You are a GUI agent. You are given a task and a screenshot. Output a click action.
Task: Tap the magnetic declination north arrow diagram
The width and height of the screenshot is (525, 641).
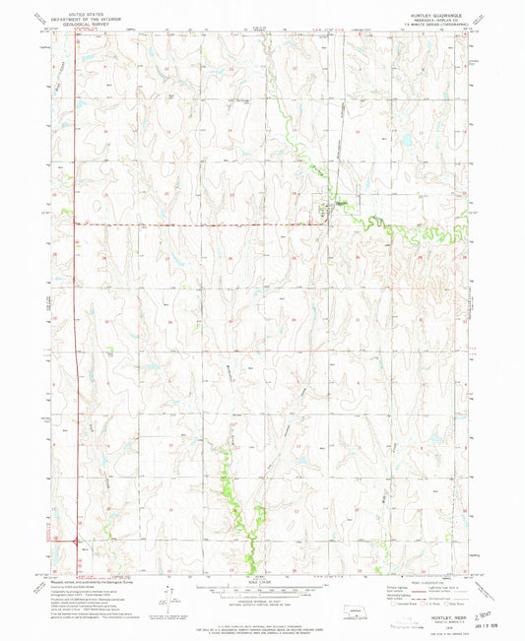coord(169,594)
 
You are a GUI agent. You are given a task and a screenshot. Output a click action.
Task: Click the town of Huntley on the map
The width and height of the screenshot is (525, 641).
coord(324,209)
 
